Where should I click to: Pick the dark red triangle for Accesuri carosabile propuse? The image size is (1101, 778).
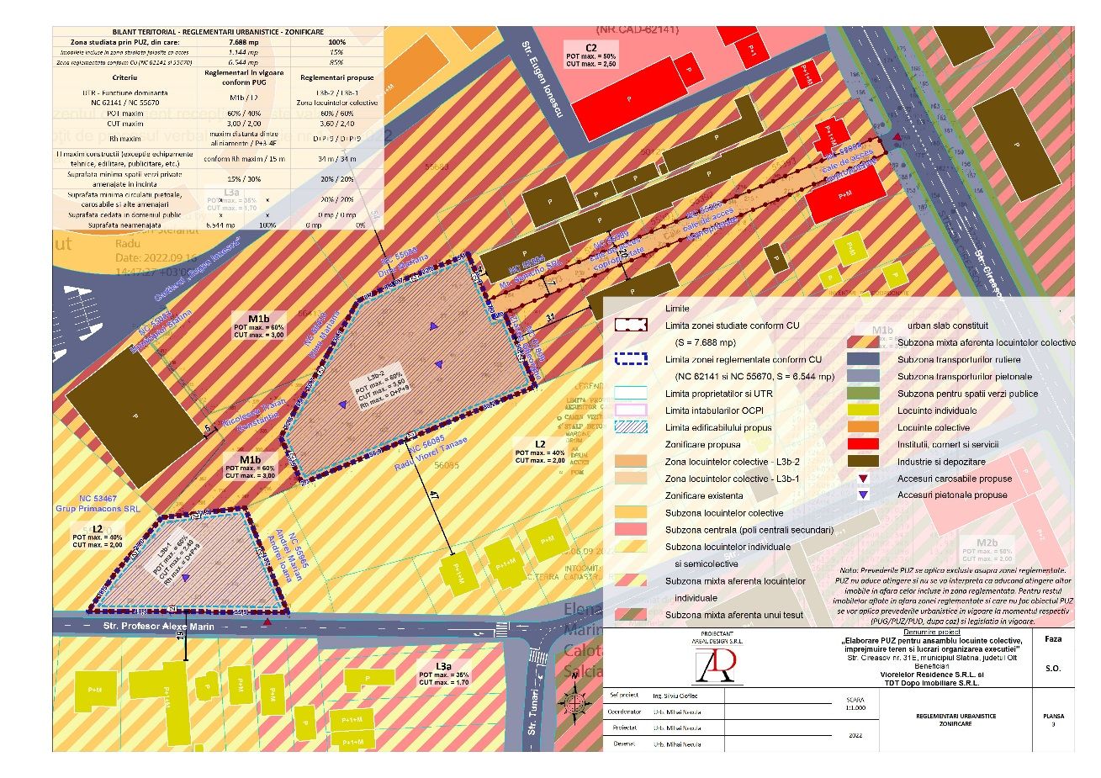[862, 479]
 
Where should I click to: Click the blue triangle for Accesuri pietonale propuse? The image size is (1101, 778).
[862, 495]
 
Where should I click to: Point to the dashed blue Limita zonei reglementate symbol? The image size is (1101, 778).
[631, 359]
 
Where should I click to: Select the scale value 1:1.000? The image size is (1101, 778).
[855, 707]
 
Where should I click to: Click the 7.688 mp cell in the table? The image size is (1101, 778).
[244, 41]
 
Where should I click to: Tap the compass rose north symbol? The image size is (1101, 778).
[574, 698]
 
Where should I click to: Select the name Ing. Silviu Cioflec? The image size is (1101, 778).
[675, 696]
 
